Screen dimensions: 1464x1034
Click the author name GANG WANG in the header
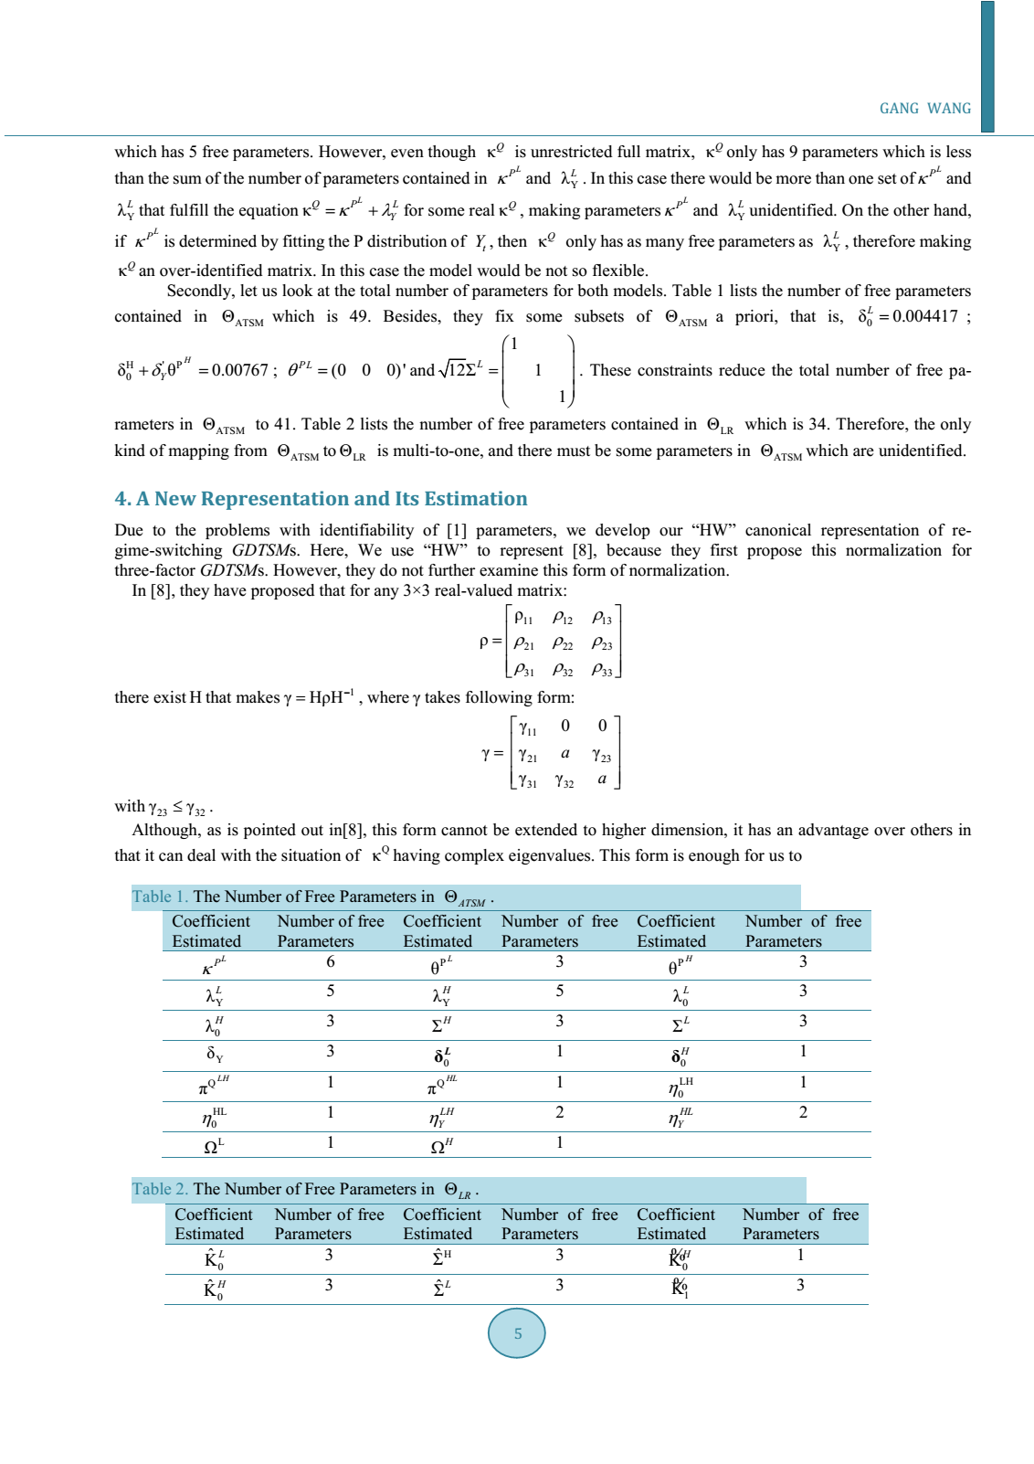[924, 109]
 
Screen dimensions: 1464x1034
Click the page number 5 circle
[517, 1333]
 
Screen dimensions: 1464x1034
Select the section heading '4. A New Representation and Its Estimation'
[321, 499]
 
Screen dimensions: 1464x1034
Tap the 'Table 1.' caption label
[160, 896]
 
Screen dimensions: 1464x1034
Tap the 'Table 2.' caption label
[160, 1189]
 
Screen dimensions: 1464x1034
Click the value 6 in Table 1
[331, 961]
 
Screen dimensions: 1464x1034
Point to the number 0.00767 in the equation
[240, 370]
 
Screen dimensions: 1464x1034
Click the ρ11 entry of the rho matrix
[523, 619]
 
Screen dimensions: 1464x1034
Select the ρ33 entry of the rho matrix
[602, 670]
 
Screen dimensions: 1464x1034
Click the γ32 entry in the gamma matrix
[564, 781]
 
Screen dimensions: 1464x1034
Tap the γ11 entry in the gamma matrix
[528, 728]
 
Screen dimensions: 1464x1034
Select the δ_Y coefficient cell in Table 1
[215, 1054]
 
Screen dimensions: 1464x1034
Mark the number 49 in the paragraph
[359, 316]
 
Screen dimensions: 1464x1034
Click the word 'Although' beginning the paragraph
[164, 830]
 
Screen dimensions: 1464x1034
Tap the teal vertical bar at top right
[987, 66]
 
